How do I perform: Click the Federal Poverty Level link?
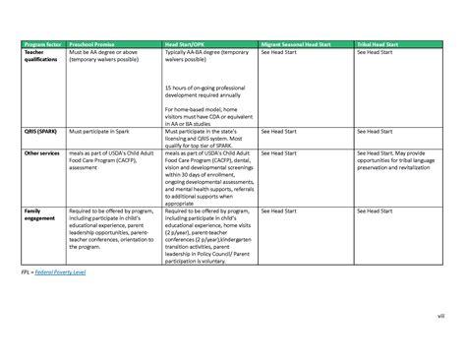[61, 270]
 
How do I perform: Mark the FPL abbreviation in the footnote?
[27, 270]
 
